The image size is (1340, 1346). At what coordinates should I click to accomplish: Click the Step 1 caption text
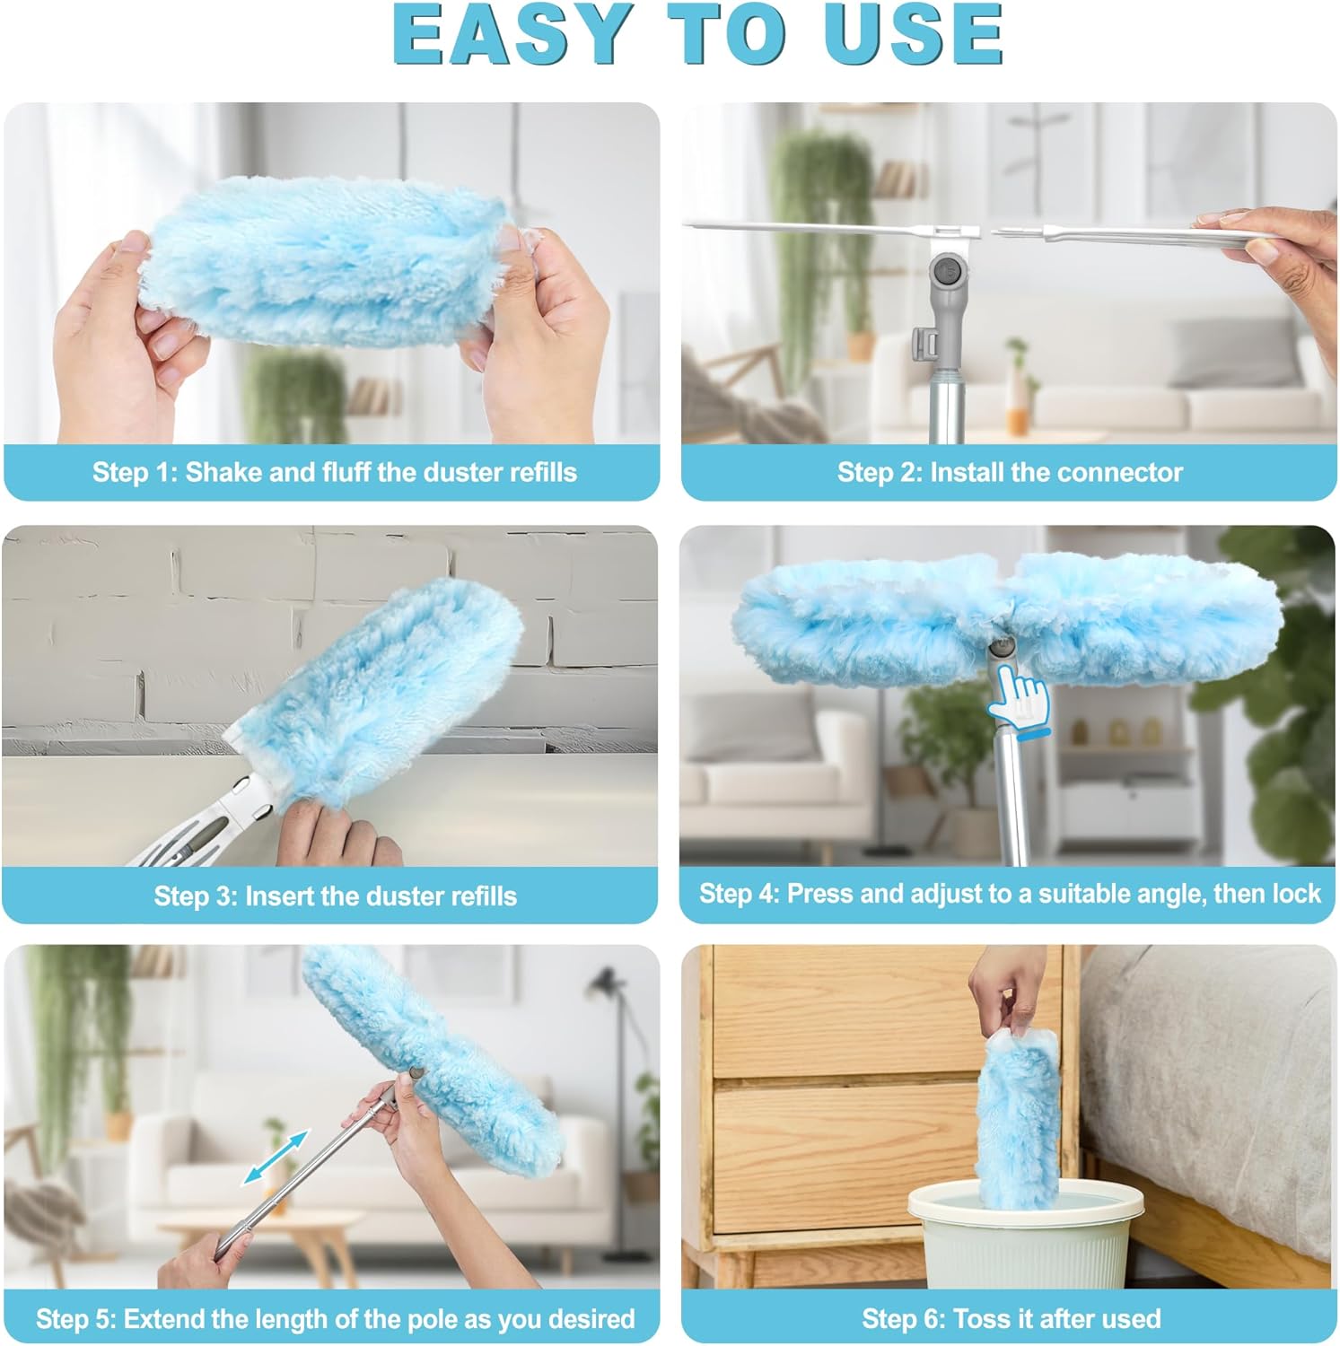tap(334, 472)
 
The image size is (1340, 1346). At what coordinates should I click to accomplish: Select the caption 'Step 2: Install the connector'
tap(1010, 472)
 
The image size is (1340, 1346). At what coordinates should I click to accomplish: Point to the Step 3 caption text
tap(335, 896)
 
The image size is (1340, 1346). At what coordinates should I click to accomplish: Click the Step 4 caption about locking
tap(1010, 894)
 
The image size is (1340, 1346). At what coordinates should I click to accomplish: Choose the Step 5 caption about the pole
tap(335, 1319)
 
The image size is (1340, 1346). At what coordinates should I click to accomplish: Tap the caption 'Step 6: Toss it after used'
tap(1012, 1319)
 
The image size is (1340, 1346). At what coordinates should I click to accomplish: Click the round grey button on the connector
tap(946, 268)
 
